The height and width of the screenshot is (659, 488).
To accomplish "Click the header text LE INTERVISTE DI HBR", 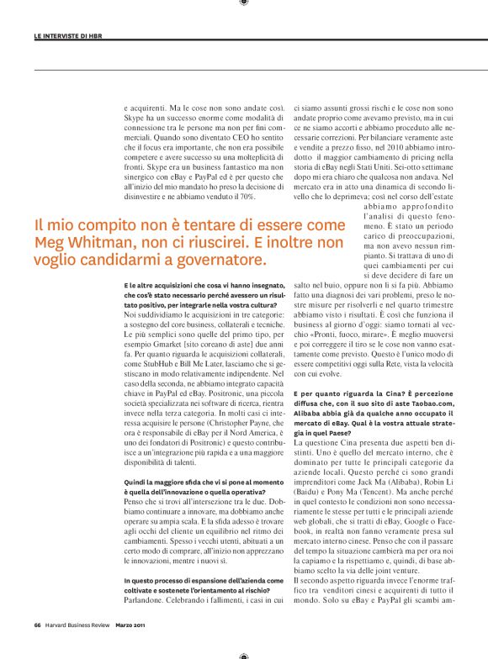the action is (70, 36).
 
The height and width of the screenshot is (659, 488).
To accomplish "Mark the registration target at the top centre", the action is (244, 3).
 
